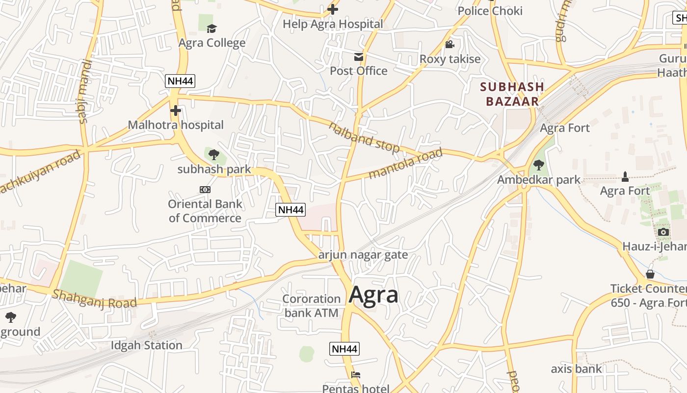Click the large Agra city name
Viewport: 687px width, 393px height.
[x=373, y=295]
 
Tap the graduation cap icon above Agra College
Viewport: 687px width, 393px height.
[x=211, y=28]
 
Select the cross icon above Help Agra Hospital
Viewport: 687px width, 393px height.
[x=333, y=9]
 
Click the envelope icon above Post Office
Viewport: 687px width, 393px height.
[x=359, y=57]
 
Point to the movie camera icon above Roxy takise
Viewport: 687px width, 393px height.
[x=449, y=45]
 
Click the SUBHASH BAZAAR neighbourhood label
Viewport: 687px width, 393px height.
[x=512, y=94]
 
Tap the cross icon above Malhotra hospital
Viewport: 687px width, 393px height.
[x=175, y=111]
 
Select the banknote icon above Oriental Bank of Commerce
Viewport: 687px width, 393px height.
[x=205, y=190]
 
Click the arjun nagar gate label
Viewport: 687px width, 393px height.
[x=363, y=255]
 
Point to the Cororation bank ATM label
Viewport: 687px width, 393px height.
[x=311, y=306]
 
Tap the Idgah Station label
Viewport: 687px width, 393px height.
[x=146, y=345]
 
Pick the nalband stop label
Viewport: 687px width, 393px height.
[x=364, y=137]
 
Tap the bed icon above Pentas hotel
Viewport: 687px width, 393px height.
[x=356, y=375]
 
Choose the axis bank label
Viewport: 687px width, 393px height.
[x=576, y=368]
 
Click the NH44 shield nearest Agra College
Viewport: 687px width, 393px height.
[x=180, y=82]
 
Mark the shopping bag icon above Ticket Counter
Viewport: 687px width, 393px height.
[x=650, y=274]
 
